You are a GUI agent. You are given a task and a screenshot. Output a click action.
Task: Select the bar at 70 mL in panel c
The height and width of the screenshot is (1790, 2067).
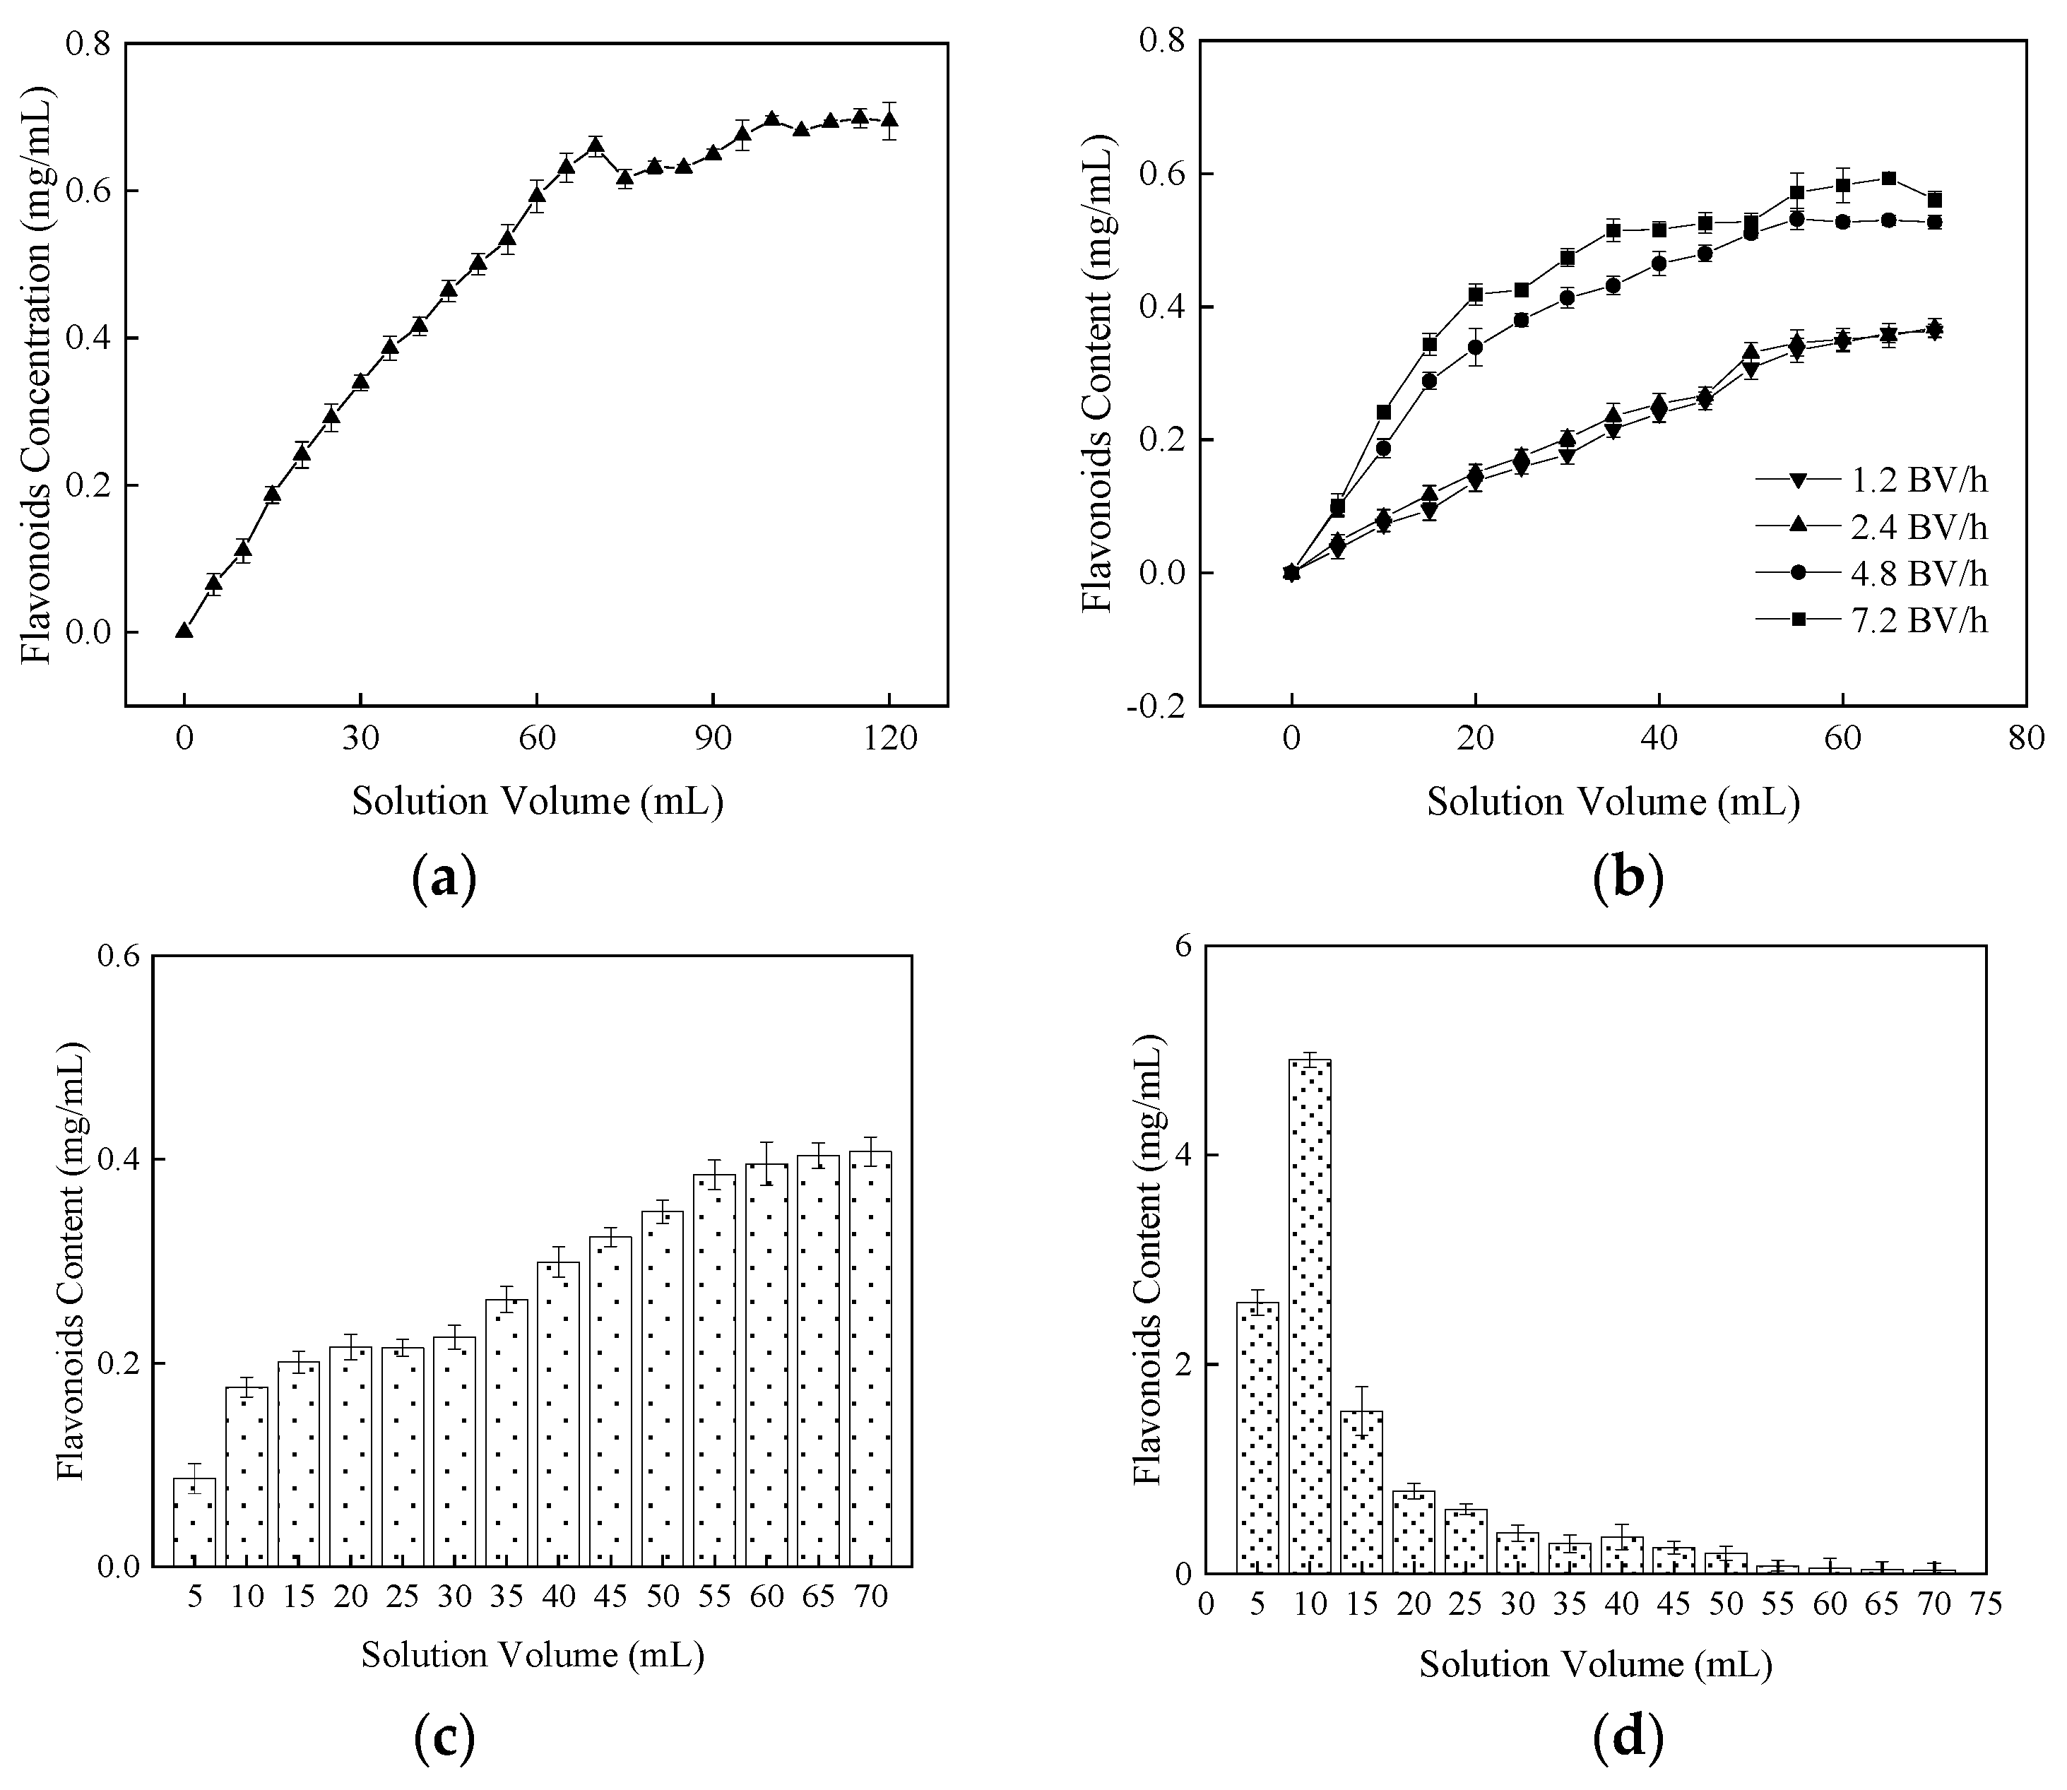pyautogui.click(x=870, y=1358)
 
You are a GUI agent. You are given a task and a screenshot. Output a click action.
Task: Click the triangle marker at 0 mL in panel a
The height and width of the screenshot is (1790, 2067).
pyautogui.click(x=184, y=630)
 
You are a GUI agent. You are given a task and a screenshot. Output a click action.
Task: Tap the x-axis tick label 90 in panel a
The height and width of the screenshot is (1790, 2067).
pyautogui.click(x=713, y=739)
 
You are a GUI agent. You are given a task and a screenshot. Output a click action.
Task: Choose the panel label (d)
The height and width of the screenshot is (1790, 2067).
pyautogui.click(x=1628, y=1739)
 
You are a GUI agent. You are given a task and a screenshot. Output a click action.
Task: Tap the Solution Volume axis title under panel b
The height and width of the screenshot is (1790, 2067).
pyautogui.click(x=1613, y=802)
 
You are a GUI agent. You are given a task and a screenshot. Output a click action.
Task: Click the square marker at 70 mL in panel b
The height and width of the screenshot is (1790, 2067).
pyautogui.click(x=1934, y=200)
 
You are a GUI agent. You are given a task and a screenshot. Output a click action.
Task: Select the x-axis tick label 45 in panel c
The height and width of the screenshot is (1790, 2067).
pyautogui.click(x=610, y=1596)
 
